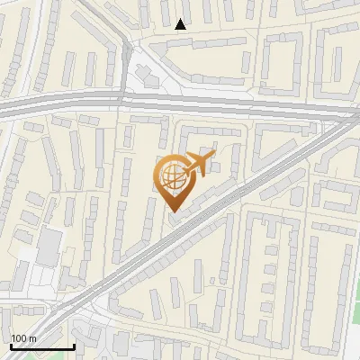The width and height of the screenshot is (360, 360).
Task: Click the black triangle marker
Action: [x=181, y=24]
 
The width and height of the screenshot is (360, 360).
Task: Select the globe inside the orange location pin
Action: [x=172, y=174]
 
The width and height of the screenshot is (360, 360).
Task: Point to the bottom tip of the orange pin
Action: [x=171, y=212]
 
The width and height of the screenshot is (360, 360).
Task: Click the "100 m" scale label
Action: [x=23, y=338]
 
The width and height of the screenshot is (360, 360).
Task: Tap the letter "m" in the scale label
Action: [x=32, y=338]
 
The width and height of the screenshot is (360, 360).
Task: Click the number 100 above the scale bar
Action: [x=18, y=338]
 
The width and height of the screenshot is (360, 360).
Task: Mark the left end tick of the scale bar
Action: [x=11, y=346]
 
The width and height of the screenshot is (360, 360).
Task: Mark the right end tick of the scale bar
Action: [x=74, y=346]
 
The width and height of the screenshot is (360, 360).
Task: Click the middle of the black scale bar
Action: [x=42, y=346]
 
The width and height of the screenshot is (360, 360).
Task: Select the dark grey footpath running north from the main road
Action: [x=123, y=54]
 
